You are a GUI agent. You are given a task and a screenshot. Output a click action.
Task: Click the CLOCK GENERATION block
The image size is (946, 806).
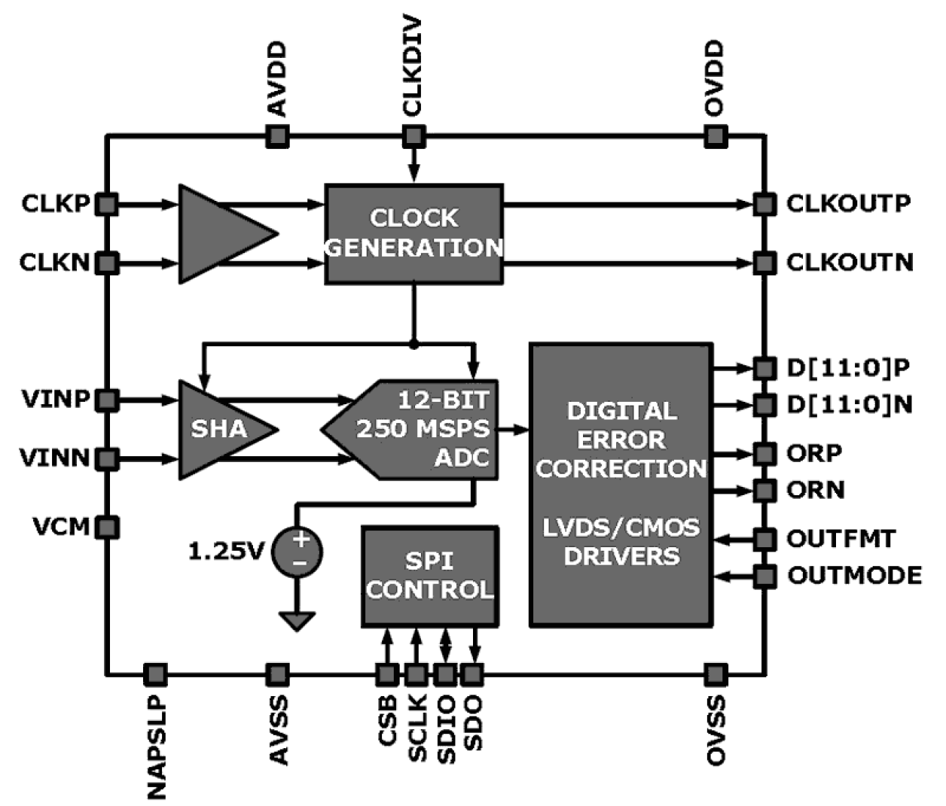coord(413,233)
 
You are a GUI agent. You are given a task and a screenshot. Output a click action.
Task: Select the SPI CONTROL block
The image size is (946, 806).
coord(429,576)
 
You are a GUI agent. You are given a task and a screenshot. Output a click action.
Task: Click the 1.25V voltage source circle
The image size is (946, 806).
coord(299,552)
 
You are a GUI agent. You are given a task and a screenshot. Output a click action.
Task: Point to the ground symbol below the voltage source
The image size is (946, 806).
coord(298,621)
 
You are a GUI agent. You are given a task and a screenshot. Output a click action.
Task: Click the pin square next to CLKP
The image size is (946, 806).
coord(108,204)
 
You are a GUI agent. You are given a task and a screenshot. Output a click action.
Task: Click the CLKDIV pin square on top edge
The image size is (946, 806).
coord(413,136)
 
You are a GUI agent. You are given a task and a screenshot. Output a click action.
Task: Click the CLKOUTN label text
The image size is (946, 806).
coord(849,263)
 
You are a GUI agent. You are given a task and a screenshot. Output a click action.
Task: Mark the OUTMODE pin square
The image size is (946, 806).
coord(764,576)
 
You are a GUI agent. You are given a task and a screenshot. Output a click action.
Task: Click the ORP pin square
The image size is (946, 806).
coord(764,454)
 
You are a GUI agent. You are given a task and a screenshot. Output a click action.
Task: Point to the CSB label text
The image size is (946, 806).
coord(388,721)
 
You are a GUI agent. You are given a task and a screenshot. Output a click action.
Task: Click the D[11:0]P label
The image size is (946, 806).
coord(848,368)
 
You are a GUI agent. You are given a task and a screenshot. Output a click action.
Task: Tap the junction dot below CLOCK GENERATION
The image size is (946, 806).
coord(413,344)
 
